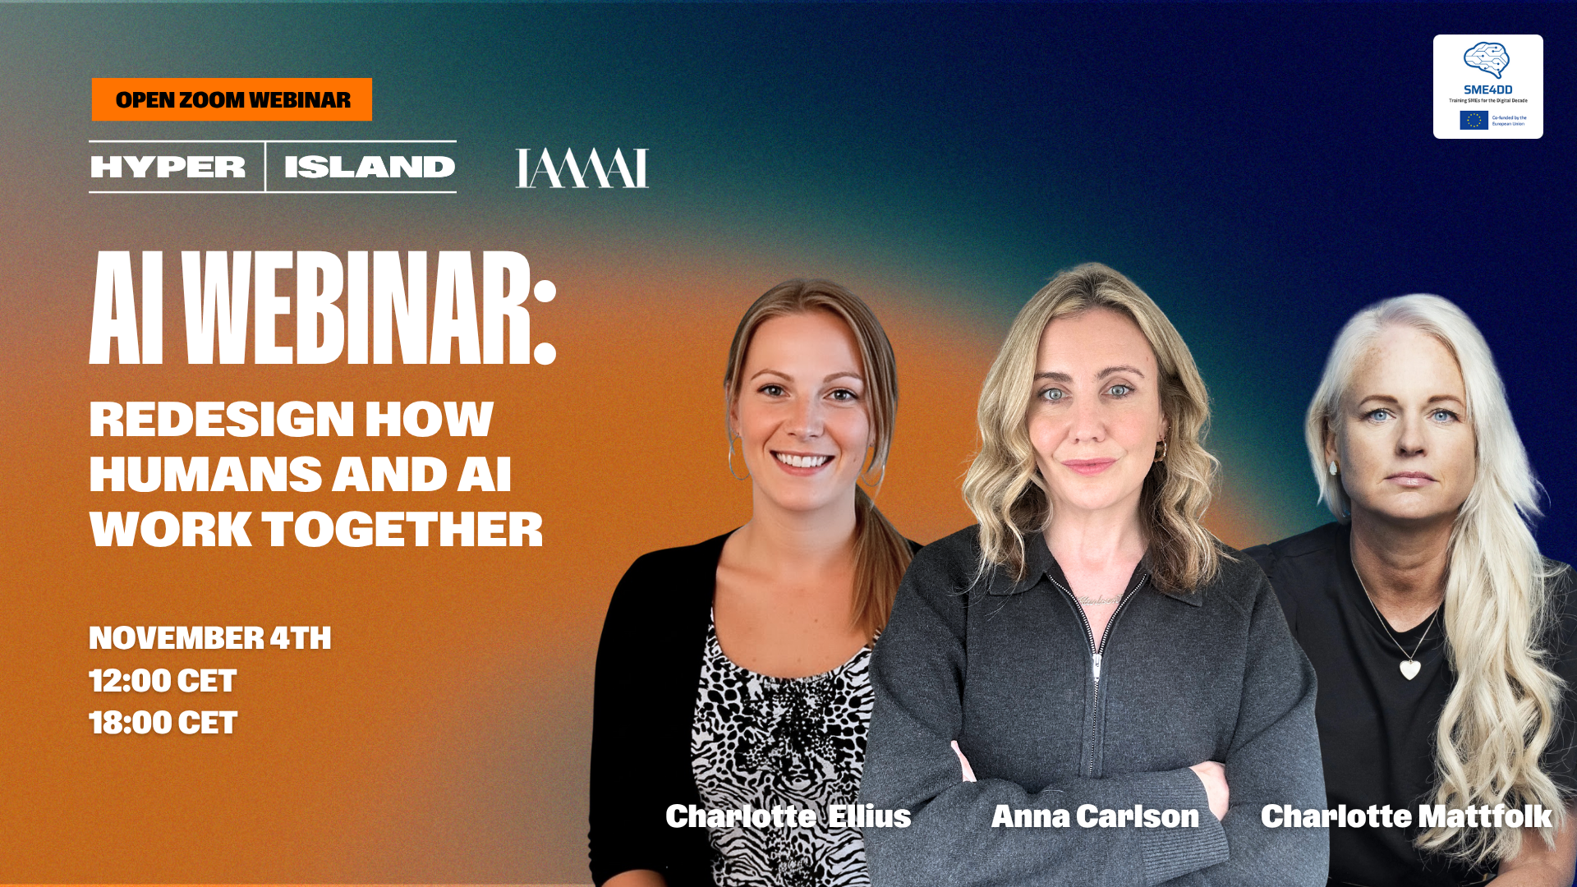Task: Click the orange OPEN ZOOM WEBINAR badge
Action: tap(232, 99)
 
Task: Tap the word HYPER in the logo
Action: tap(168, 167)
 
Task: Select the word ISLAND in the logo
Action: tap(370, 167)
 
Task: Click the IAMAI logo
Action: tap(582, 168)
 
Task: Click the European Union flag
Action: tap(1474, 120)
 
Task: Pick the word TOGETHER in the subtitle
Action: tap(402, 529)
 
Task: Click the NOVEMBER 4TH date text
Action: tap(210, 638)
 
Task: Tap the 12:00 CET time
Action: tap(163, 681)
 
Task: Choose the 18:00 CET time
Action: tap(163, 723)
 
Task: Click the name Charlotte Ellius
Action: tap(788, 816)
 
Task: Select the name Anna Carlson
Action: tap(1095, 816)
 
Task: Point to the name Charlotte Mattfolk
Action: tap(1406, 816)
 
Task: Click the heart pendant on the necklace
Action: tap(1410, 669)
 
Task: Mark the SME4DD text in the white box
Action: tap(1487, 90)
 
